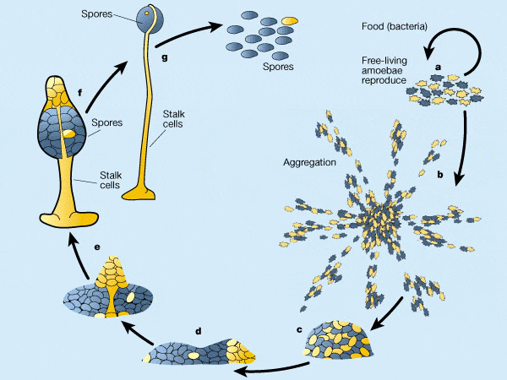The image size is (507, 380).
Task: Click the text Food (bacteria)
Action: coord(392,24)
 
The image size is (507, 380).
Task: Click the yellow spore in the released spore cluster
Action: coord(289,19)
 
